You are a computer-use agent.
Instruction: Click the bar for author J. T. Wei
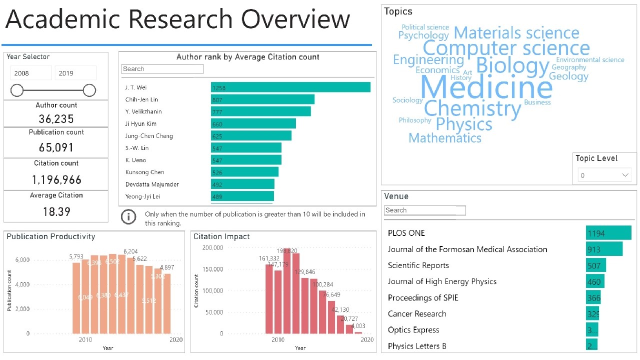[x=290, y=87]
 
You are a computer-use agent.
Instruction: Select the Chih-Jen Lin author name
[x=141, y=99]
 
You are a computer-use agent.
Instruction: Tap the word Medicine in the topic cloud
[x=486, y=87]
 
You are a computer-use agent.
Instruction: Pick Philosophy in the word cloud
[x=415, y=120]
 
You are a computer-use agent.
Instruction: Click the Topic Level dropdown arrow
[x=625, y=175]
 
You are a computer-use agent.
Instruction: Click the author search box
[x=162, y=69]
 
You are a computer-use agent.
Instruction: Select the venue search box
[x=424, y=210]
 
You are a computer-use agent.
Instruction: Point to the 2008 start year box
[x=31, y=73]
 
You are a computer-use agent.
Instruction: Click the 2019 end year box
[x=75, y=73]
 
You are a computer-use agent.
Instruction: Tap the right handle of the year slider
[x=89, y=90]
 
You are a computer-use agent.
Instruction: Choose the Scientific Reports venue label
[x=418, y=265]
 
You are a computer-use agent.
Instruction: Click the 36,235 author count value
[x=56, y=119]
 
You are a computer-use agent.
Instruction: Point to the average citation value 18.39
[x=56, y=211]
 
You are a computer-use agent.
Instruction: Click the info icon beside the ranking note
[x=129, y=216]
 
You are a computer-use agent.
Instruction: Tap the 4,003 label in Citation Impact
[x=358, y=326]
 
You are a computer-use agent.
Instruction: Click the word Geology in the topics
[x=568, y=76]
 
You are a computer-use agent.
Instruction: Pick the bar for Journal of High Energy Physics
[x=595, y=281]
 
